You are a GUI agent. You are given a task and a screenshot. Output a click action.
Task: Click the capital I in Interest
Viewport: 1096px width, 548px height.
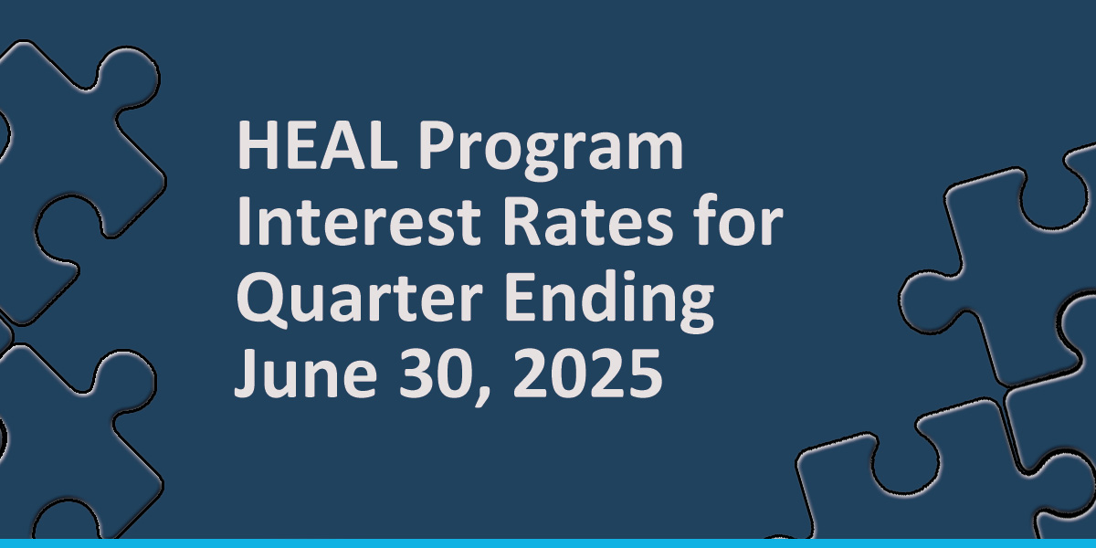tap(243, 223)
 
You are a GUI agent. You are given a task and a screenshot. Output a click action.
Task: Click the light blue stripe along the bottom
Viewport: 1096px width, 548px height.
tap(548, 543)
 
